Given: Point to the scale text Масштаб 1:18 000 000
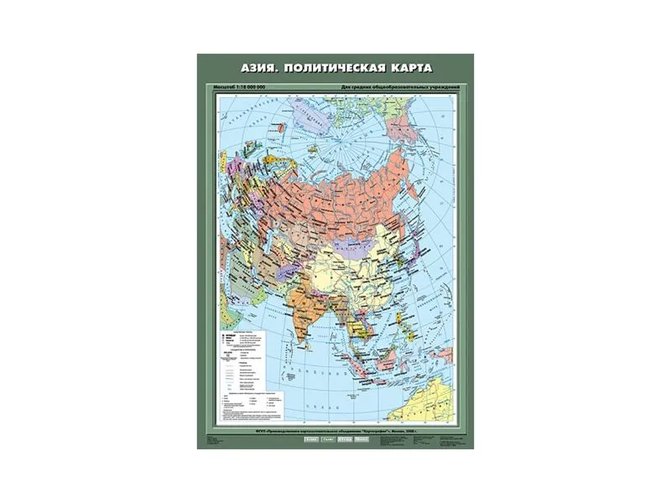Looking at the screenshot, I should [245, 88].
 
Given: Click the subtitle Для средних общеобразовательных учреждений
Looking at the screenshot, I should [403, 88].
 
